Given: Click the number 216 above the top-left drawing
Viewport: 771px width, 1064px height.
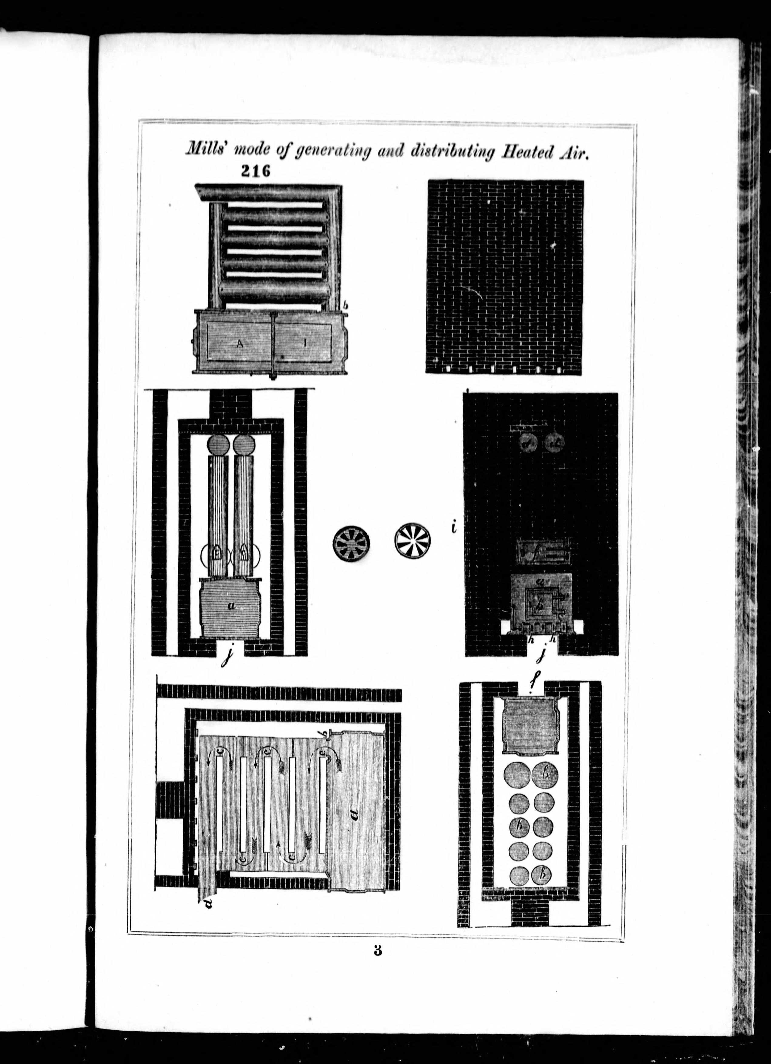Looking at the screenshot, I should pyautogui.click(x=256, y=172).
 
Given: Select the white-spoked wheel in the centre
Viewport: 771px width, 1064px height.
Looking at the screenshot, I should pyautogui.click(x=413, y=541).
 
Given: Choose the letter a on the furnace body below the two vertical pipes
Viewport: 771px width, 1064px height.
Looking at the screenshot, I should pyautogui.click(x=231, y=606).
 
